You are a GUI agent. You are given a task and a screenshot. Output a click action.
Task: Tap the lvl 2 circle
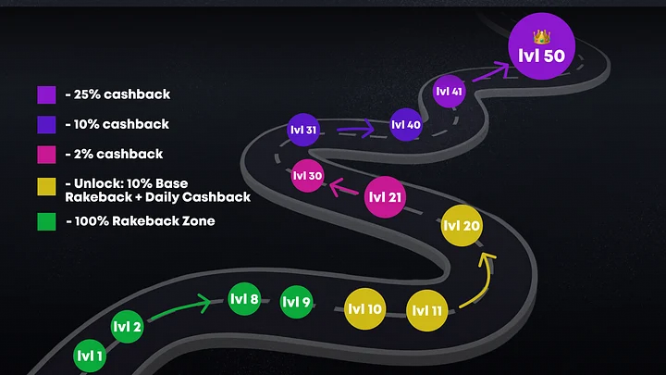coord(127,326)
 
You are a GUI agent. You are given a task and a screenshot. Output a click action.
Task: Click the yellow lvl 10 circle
coord(364,309)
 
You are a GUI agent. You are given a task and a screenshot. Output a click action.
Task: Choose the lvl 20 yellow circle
coord(462,226)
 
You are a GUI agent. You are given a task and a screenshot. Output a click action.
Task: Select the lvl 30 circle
coord(307,176)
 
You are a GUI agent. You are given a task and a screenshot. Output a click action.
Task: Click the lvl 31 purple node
coord(304,131)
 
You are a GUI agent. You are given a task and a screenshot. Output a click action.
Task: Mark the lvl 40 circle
coord(406,125)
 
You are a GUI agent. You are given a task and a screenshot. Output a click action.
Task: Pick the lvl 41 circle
coord(449,92)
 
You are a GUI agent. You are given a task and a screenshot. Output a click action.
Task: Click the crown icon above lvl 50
coord(542,35)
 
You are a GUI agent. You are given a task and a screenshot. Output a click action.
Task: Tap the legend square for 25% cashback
coord(47,94)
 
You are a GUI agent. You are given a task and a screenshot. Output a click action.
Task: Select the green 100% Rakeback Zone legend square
coord(47,222)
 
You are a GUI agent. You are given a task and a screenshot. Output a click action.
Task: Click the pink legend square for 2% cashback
coord(47,154)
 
